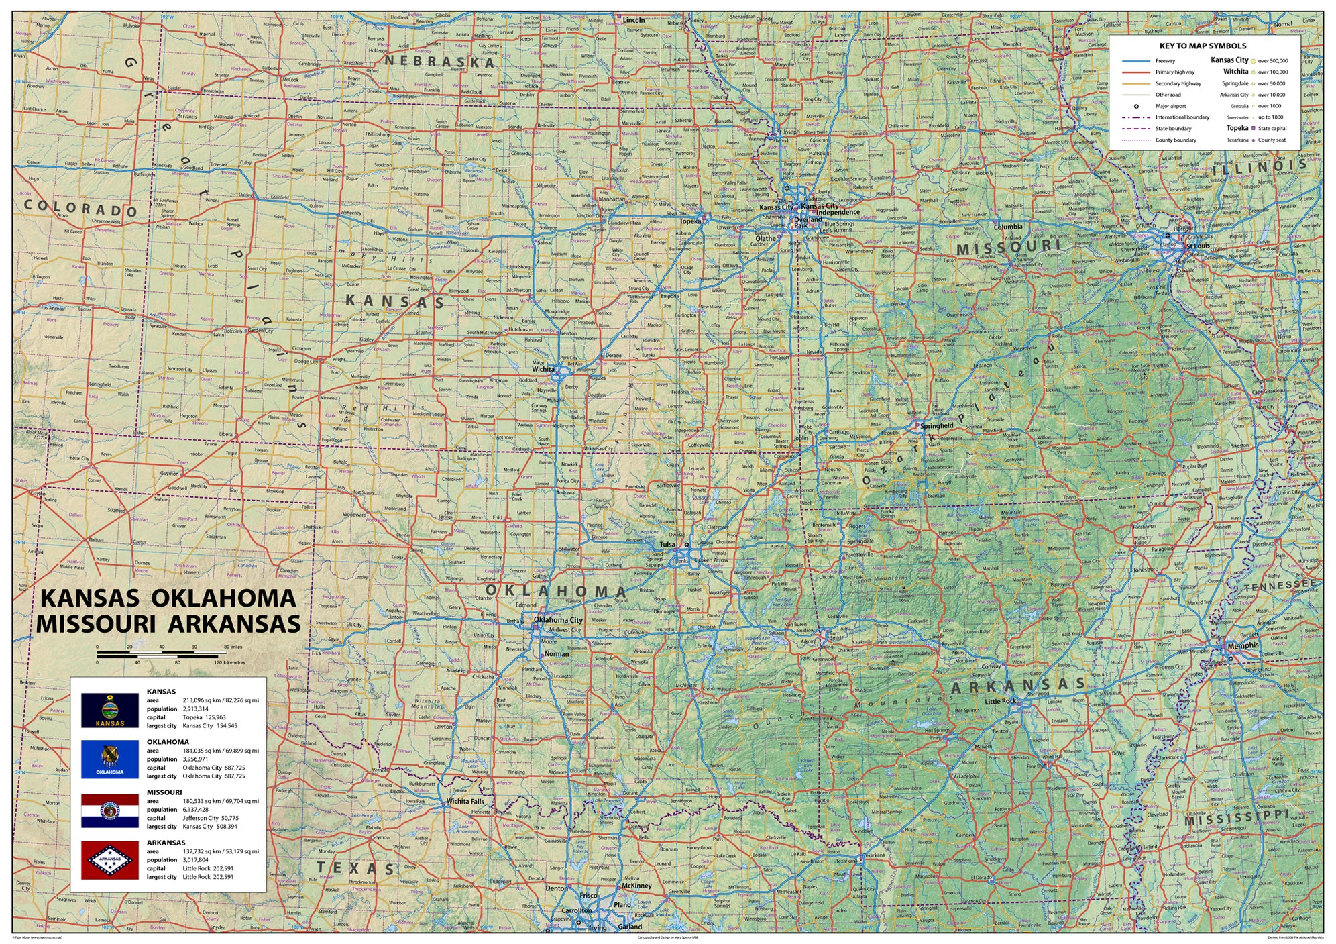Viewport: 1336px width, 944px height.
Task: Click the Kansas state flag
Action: (110, 710)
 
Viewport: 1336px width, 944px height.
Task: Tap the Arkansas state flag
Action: (110, 860)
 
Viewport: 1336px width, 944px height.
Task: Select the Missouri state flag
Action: (110, 810)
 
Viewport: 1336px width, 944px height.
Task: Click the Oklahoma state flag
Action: (110, 759)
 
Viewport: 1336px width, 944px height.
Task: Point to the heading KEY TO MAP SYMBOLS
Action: (1203, 46)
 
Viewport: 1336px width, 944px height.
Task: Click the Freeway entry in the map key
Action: (1165, 61)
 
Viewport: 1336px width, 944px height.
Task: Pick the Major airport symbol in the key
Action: (1137, 106)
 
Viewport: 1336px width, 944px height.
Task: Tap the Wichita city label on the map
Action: (543, 369)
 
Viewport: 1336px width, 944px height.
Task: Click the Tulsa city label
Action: (667, 545)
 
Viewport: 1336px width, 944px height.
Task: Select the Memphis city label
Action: (1243, 645)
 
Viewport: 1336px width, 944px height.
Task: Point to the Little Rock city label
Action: (1001, 701)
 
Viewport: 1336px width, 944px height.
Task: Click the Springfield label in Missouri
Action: (936, 426)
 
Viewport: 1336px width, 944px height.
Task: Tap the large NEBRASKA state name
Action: (439, 61)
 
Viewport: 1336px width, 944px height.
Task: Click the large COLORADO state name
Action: (80, 208)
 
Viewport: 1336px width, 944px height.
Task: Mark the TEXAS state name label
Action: (355, 868)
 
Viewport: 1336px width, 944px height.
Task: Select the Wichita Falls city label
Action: (465, 801)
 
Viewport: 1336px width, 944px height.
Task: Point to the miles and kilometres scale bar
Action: (162, 653)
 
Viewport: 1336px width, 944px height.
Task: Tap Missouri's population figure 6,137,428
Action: (195, 810)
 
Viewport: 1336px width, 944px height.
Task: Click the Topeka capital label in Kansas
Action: (689, 221)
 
